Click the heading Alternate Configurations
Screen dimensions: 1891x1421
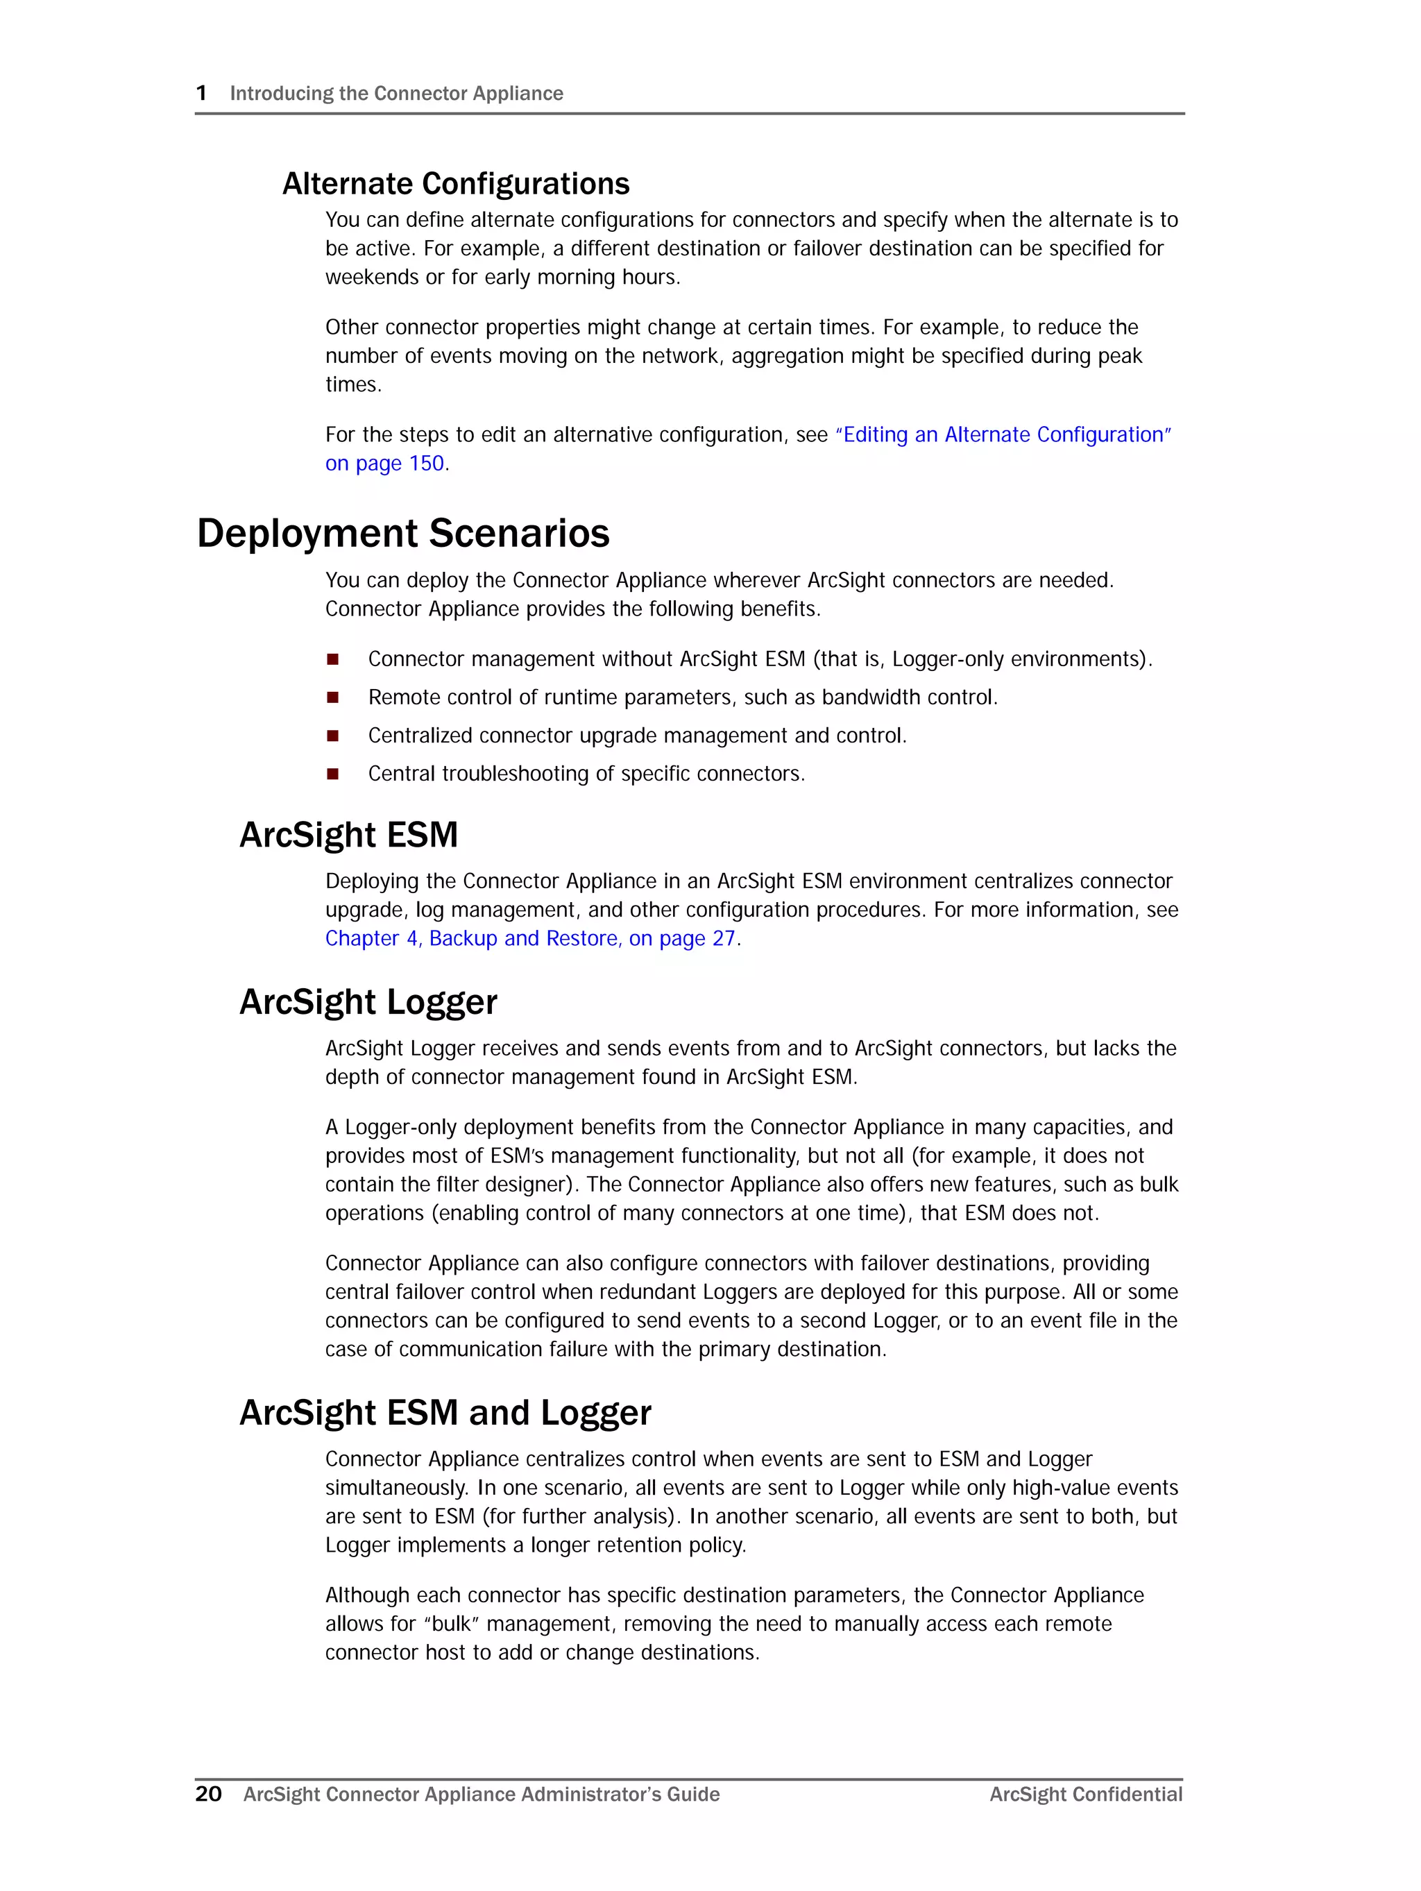point(456,184)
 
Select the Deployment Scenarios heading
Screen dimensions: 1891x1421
point(402,534)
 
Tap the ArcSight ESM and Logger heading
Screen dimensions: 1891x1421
point(445,1412)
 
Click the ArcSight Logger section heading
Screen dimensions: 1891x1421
point(368,1002)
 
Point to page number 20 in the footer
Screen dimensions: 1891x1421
point(209,1794)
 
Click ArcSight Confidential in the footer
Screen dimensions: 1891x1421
point(1085,1795)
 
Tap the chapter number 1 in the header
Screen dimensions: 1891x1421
point(202,93)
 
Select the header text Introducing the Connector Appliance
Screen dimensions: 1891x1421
point(396,93)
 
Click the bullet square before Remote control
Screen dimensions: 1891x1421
point(332,697)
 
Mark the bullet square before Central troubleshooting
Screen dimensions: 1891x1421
point(332,774)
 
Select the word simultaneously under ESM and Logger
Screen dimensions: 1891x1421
point(396,1488)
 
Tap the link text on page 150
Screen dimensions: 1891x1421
point(385,464)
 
